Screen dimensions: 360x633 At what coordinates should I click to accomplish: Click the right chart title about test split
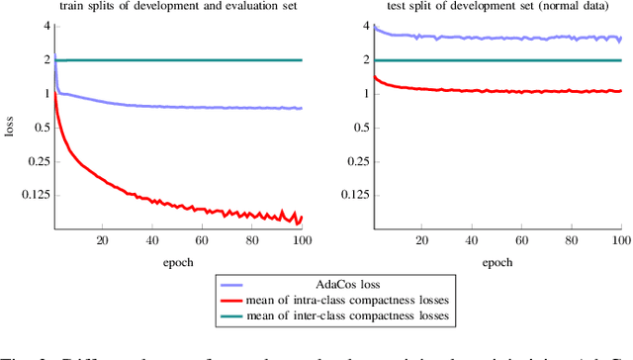(x=497, y=9)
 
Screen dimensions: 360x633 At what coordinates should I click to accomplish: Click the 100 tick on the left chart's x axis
(x=301, y=240)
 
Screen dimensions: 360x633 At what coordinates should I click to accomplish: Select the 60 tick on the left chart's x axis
(x=202, y=240)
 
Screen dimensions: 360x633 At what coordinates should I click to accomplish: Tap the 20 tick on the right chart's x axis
(x=422, y=240)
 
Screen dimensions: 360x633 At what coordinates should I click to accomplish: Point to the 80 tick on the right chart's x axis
(x=571, y=240)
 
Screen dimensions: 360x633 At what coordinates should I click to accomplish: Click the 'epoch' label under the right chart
(x=497, y=262)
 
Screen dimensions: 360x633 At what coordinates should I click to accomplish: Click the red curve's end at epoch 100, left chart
(x=301, y=217)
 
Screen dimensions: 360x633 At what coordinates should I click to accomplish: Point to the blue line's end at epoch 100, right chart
(x=620, y=39)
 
